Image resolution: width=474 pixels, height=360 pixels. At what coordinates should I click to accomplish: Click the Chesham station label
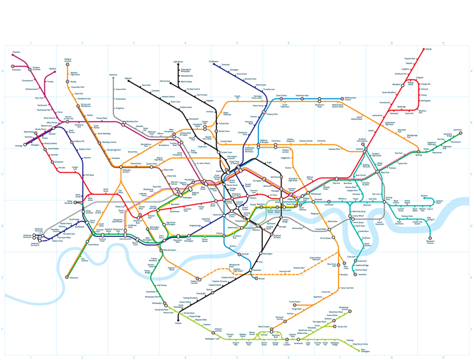[x=16, y=52]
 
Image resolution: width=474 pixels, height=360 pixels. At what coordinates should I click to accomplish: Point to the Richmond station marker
[x=67, y=277]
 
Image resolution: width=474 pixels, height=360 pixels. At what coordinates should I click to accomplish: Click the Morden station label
[x=178, y=323]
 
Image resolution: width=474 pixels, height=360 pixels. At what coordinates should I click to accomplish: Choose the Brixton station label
[x=261, y=279]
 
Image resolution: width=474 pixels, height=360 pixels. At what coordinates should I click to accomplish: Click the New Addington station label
[x=365, y=351]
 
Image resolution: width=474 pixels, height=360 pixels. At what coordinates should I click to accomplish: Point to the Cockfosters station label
[x=213, y=61]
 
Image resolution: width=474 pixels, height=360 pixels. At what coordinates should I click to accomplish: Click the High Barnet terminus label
[x=178, y=62]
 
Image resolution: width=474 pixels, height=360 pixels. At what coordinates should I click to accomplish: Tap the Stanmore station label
[x=113, y=75]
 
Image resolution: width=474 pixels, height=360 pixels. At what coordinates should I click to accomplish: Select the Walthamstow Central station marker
[x=341, y=98]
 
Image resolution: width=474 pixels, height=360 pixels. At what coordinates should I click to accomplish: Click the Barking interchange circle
[x=418, y=152]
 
